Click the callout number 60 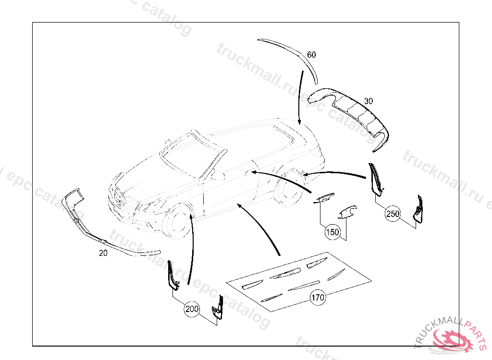click(311, 55)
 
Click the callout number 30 click(369, 101)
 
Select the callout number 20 click(103, 253)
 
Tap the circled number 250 click(393, 214)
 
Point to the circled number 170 click(318, 298)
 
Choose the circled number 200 click(192, 310)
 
